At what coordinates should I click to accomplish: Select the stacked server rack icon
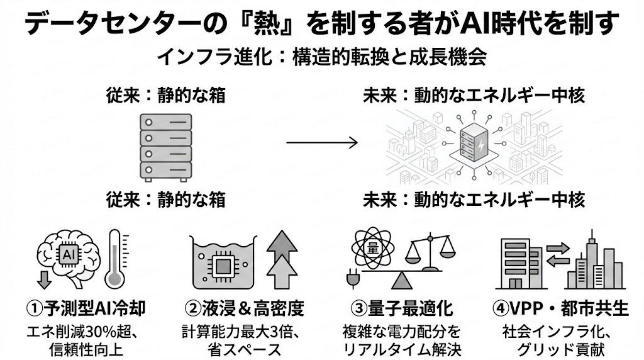(165, 146)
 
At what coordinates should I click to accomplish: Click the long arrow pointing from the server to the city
(322, 142)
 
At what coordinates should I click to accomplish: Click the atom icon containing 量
(372, 247)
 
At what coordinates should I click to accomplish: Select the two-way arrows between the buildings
(557, 254)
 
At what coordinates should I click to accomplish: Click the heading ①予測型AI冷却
(86, 308)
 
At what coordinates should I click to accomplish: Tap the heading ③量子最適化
(402, 308)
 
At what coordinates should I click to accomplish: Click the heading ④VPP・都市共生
(560, 308)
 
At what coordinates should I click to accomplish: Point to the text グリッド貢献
(559, 348)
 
